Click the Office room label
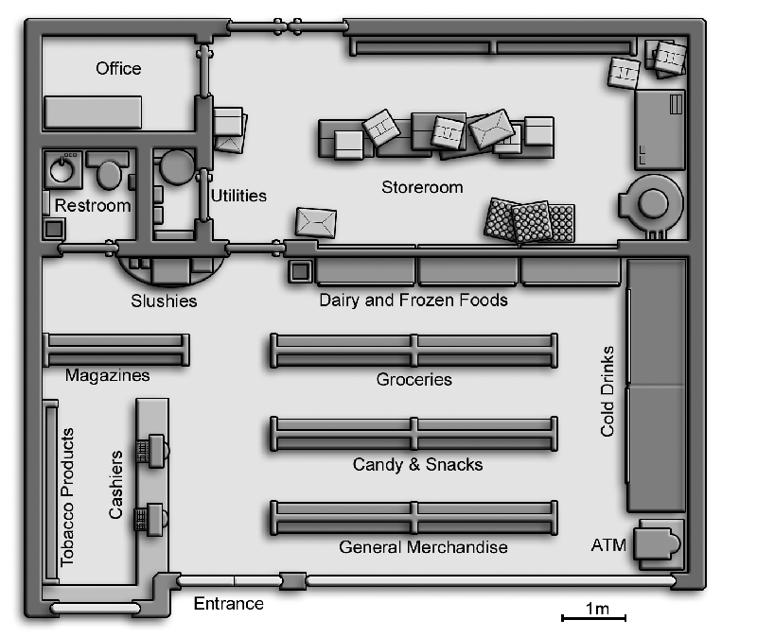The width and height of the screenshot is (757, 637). point(118,68)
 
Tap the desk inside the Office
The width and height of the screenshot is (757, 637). point(93,112)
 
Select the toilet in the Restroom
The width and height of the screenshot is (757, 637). point(108,170)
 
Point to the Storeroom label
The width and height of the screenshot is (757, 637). point(422,187)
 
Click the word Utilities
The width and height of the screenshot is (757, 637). point(238,196)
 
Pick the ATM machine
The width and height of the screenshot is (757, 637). point(658,544)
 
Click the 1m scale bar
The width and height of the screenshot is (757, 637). point(593,618)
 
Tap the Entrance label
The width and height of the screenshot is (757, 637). point(228,604)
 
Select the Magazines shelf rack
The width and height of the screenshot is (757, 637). point(115,350)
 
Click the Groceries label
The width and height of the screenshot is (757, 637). point(414,380)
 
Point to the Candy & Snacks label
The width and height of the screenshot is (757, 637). point(417,464)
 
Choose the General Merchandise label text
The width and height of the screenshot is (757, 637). point(423,547)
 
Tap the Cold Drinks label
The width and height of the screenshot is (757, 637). point(607,391)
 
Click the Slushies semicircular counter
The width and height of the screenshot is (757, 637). point(171,269)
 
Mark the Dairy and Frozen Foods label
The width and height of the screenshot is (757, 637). point(414,300)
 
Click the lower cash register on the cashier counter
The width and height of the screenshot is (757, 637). point(151,520)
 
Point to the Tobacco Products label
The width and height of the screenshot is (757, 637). point(67,498)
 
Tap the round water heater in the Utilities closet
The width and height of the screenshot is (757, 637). point(177,167)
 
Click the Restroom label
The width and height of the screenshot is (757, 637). point(93,205)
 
